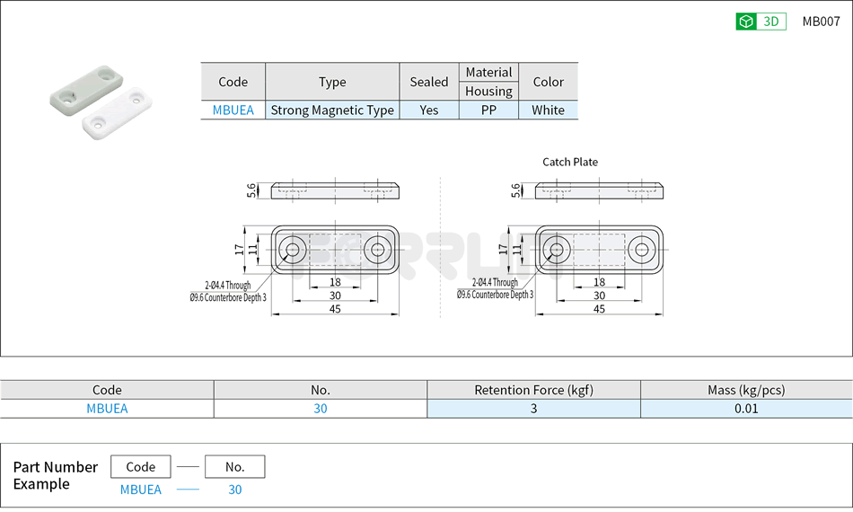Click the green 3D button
pyautogui.click(x=761, y=22)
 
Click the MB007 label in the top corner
pyautogui.click(x=821, y=22)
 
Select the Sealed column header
pyautogui.click(x=428, y=82)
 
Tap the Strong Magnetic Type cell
pyautogui.click(x=332, y=110)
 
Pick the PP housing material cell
pyautogui.click(x=488, y=110)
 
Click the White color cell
pyautogui.click(x=548, y=110)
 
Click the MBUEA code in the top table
pyautogui.click(x=233, y=110)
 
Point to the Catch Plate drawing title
pyautogui.click(x=569, y=162)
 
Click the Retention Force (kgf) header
pyautogui.click(x=533, y=390)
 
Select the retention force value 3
pyautogui.click(x=533, y=409)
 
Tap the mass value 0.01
pyautogui.click(x=745, y=409)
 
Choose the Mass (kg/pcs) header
pyautogui.click(x=745, y=390)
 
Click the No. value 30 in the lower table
pyautogui.click(x=320, y=409)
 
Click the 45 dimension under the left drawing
pyautogui.click(x=335, y=309)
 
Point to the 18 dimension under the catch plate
pyautogui.click(x=599, y=282)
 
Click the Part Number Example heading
pyautogui.click(x=55, y=475)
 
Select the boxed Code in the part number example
pyautogui.click(x=141, y=467)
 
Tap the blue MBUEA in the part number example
pyautogui.click(x=141, y=490)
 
